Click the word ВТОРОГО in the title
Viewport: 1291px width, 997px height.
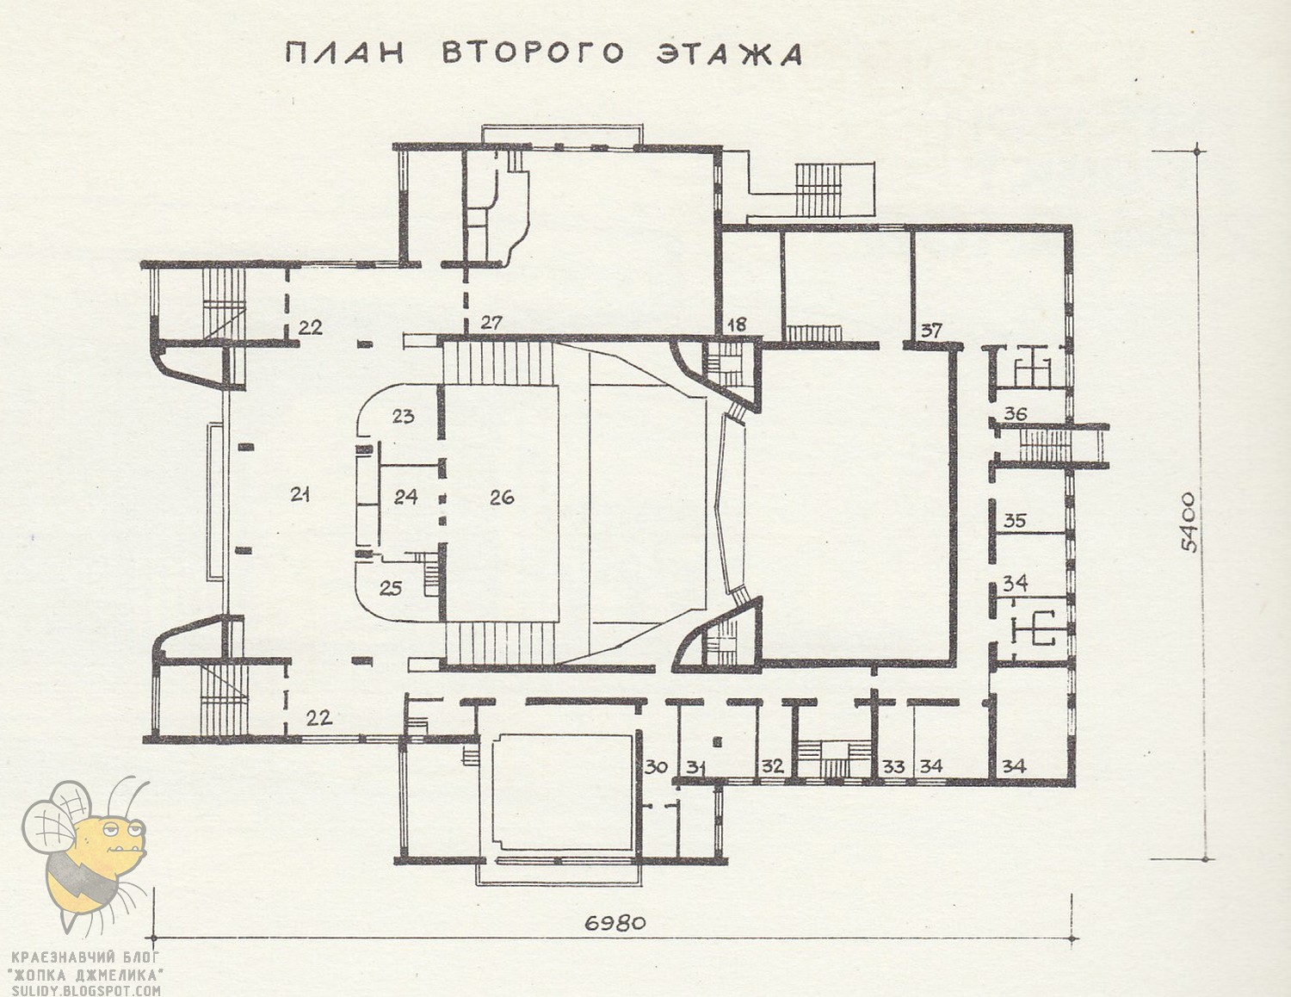533,53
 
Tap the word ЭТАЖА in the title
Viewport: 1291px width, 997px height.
729,53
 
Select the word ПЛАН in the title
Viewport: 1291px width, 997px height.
344,53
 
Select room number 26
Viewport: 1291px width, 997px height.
502,497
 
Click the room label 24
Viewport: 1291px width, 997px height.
405,496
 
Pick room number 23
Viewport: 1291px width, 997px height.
403,416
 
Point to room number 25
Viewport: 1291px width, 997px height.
391,588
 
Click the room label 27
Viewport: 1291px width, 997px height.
492,323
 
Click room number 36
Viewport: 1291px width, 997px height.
1016,413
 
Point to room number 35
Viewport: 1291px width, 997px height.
1015,521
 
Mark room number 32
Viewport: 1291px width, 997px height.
773,766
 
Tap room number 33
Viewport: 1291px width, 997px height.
893,766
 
